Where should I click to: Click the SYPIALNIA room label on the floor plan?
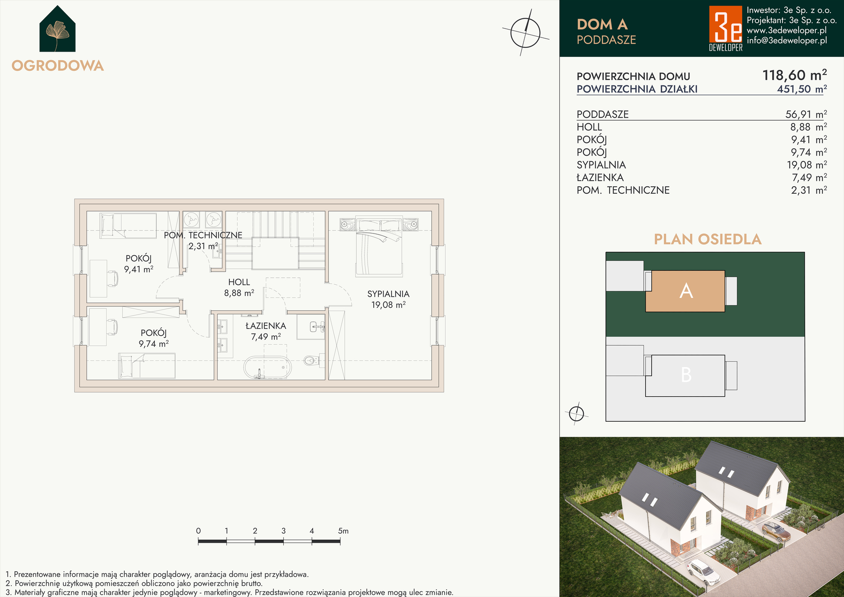coord(388,294)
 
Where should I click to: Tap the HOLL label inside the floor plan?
coord(239,282)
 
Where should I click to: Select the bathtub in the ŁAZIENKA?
coord(267,368)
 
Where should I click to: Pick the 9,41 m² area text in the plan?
coord(139,269)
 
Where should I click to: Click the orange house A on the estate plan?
coord(685,291)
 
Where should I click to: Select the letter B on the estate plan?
coord(686,375)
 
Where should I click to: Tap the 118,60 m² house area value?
coord(795,75)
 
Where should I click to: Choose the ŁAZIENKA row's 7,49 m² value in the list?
coord(809,178)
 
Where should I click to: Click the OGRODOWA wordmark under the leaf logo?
coord(58,66)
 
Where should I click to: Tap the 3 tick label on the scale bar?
coord(284,531)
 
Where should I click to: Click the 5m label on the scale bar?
coord(343,531)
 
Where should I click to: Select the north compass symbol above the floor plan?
coord(526,33)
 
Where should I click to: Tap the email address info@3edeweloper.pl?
coord(787,41)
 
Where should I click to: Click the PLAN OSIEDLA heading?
coord(708,240)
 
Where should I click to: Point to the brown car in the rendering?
coord(776,532)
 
